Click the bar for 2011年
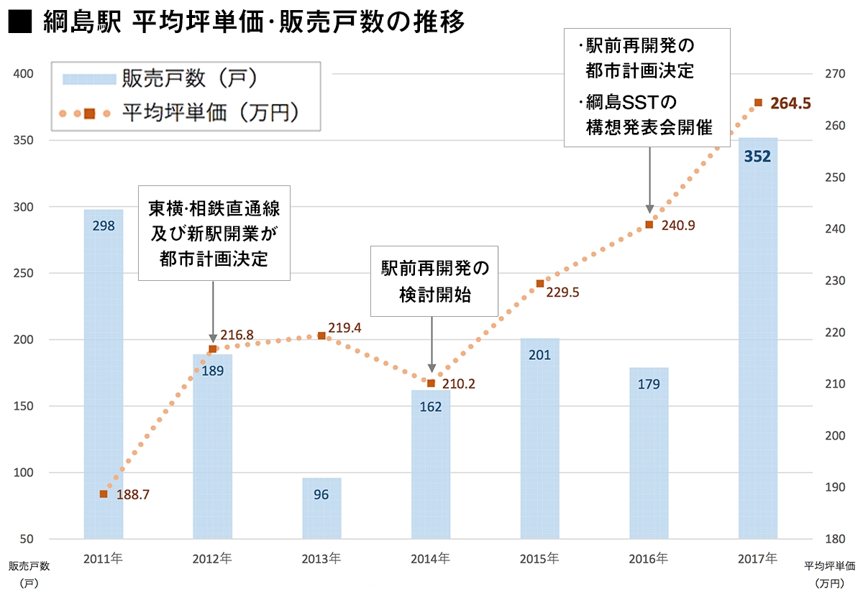[104, 374]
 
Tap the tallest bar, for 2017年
[758, 338]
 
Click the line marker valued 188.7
[104, 494]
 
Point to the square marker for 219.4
[321, 335]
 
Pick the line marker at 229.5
[540, 284]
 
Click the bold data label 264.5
[791, 103]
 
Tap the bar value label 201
[539, 354]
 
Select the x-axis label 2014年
[430, 558]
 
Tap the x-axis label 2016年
[649, 558]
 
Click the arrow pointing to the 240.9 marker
[649, 180]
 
